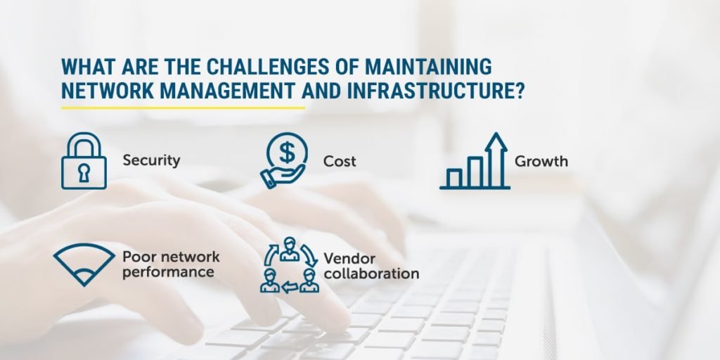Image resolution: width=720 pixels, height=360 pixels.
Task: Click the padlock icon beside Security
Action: click(x=84, y=161)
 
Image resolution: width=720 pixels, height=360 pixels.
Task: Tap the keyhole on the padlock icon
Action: click(x=84, y=173)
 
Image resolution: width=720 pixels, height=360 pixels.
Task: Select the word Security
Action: click(x=151, y=161)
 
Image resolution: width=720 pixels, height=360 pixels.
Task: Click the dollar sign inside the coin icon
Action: click(x=287, y=153)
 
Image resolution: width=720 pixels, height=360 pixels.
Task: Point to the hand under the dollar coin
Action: click(x=282, y=176)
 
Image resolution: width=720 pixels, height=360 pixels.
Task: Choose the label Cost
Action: click(x=340, y=161)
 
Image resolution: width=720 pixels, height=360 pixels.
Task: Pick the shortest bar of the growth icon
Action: click(x=454, y=178)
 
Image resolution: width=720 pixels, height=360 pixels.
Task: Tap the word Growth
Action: click(x=541, y=161)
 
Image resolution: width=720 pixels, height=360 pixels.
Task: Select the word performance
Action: click(x=168, y=272)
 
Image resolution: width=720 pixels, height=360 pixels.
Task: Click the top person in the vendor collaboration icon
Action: click(x=289, y=249)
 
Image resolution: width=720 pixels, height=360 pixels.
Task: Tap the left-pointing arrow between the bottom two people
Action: click(x=290, y=288)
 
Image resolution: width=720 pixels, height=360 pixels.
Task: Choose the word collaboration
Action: click(x=371, y=274)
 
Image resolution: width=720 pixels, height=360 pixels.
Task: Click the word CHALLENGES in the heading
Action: click(x=267, y=67)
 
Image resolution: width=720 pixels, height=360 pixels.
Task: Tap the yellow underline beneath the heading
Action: click(x=184, y=108)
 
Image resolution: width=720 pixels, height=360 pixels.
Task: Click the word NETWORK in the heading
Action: click(x=108, y=91)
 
